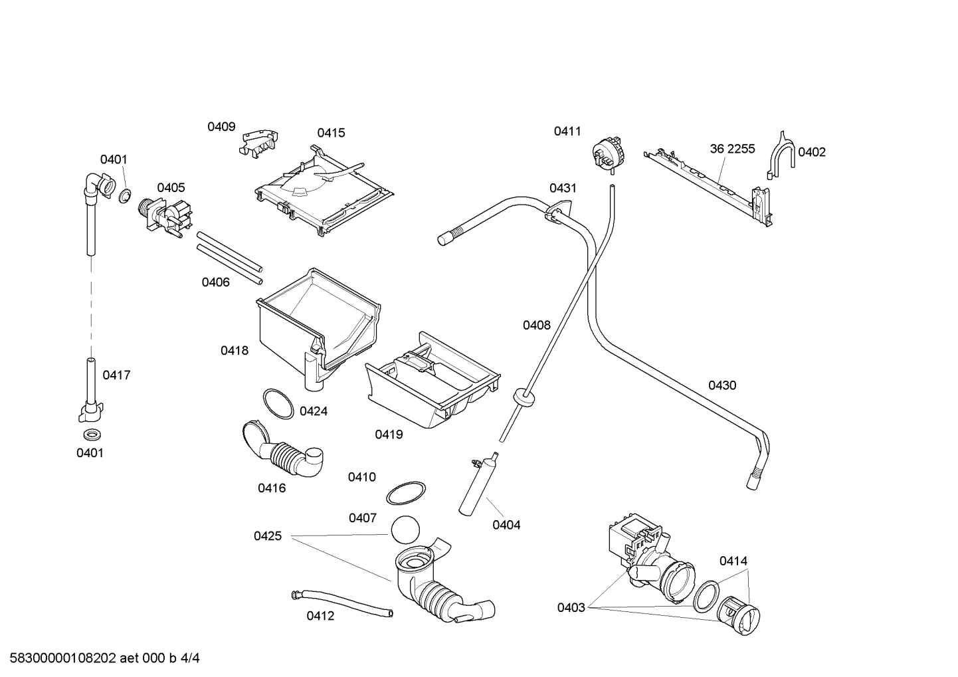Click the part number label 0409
(221, 127)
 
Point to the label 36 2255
(732, 149)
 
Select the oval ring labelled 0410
(405, 494)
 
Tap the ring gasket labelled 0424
(278, 403)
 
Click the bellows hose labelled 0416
(282, 452)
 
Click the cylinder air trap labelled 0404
(476, 486)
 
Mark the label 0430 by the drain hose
(721, 385)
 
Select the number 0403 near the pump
(571, 607)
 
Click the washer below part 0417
(90, 435)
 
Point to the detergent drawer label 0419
(389, 435)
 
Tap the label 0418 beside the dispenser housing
(235, 350)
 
